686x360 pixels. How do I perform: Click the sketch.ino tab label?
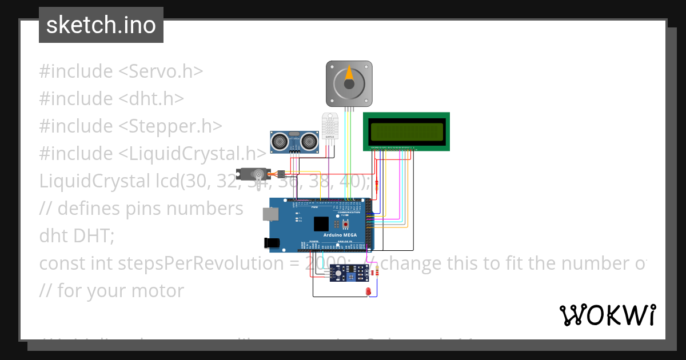(x=101, y=25)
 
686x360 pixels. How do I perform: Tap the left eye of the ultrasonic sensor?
(x=280, y=139)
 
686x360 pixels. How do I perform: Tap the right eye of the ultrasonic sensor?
(x=309, y=139)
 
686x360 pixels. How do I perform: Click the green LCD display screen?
(x=407, y=132)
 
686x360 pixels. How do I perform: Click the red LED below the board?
(x=369, y=293)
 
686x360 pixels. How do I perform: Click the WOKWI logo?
(x=607, y=315)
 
